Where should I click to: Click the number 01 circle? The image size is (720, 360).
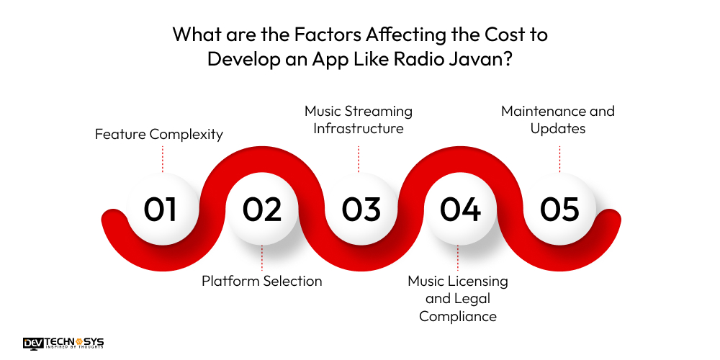pyautogui.click(x=160, y=209)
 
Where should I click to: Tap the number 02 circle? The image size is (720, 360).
pyautogui.click(x=261, y=209)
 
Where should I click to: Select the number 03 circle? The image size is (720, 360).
pyautogui.click(x=361, y=209)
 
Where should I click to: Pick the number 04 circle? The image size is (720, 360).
pyautogui.click(x=460, y=209)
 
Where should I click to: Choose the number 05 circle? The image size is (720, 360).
pyautogui.click(x=559, y=209)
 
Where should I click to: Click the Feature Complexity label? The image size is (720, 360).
pyautogui.click(x=159, y=134)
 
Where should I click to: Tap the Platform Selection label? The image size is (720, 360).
pyautogui.click(x=261, y=281)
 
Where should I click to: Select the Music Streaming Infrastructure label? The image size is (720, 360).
pyautogui.click(x=359, y=120)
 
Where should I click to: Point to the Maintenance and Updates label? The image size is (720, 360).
pyautogui.click(x=558, y=120)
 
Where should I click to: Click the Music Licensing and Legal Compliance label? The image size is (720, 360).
pyautogui.click(x=458, y=298)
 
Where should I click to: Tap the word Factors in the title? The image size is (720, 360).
pyautogui.click(x=310, y=35)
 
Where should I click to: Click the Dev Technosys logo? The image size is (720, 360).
pyautogui.click(x=63, y=343)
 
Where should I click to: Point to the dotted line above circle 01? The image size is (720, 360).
pyautogui.click(x=163, y=158)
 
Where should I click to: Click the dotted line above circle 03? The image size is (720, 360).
pyautogui.click(x=359, y=158)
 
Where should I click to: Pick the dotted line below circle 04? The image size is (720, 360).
pyautogui.click(x=458, y=257)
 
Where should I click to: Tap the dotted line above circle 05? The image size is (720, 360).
pyautogui.click(x=559, y=158)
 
